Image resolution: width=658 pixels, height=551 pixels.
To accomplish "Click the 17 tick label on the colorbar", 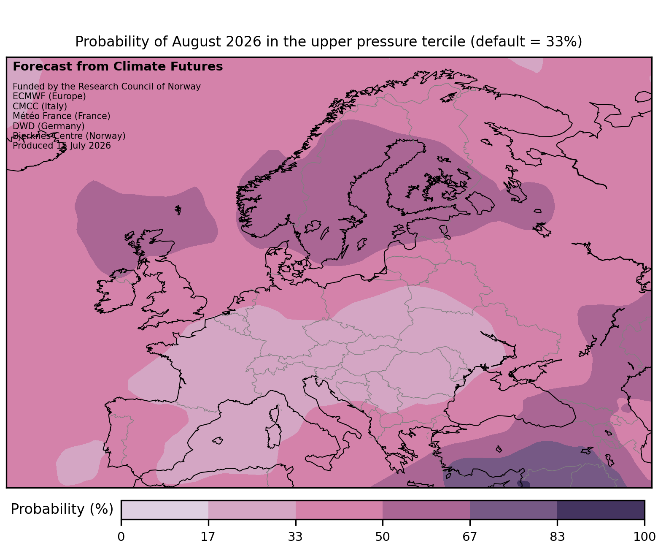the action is point(208,537).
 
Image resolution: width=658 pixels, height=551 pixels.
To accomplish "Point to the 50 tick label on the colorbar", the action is point(383,537).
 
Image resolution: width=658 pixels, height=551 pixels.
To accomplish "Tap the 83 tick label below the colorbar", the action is point(557,537).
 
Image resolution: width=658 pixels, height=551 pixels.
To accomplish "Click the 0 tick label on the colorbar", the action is point(121,537).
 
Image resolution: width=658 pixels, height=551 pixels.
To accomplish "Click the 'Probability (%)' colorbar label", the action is point(62,509).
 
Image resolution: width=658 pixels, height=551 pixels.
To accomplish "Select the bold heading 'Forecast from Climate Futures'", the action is point(118,67).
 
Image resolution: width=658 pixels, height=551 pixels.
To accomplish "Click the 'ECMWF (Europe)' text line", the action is point(49,97).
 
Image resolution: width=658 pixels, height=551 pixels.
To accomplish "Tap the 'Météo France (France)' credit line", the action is point(62,116).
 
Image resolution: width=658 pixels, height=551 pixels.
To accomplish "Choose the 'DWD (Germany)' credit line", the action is point(49,126).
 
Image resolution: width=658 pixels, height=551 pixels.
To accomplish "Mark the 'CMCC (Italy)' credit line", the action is point(40,106).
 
